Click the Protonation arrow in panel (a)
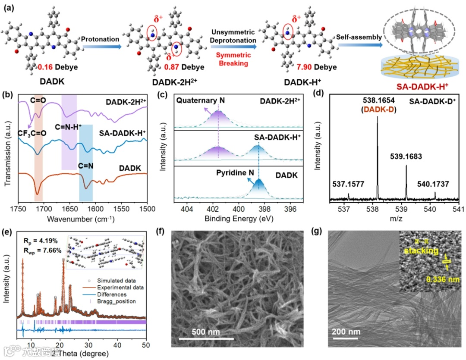[x=101, y=42]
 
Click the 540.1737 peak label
[x=432, y=184]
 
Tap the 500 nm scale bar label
[x=206, y=332]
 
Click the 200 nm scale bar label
[x=346, y=332]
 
